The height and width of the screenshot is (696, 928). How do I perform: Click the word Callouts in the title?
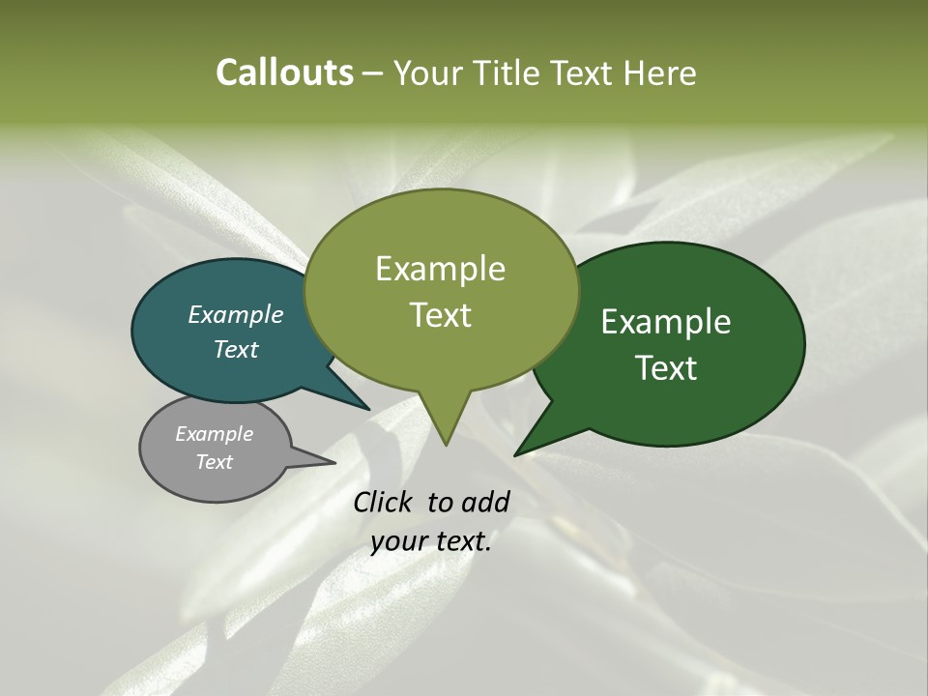pos(285,72)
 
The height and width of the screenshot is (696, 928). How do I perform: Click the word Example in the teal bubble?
pos(235,314)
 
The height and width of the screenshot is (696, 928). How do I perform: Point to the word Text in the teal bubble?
pos(235,349)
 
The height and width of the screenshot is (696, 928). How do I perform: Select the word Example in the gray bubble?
pos(214,434)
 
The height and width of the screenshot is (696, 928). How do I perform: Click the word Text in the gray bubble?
pos(214,462)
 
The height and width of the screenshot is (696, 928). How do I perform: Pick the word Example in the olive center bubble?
pos(440,268)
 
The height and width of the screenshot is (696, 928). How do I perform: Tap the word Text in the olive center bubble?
pos(440,314)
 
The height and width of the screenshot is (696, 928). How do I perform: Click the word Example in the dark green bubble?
pos(666,322)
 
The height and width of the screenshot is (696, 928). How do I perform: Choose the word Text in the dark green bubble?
pos(666,367)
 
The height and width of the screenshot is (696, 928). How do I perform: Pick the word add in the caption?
pos(486,502)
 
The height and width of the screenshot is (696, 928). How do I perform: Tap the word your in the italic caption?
pos(397,541)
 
